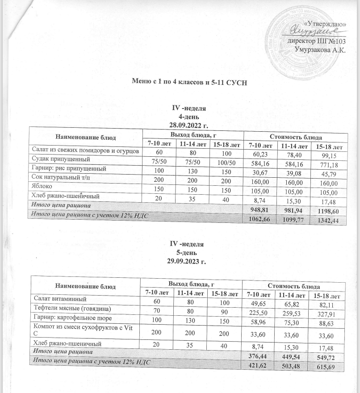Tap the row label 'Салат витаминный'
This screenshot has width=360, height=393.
click(x=54, y=298)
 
